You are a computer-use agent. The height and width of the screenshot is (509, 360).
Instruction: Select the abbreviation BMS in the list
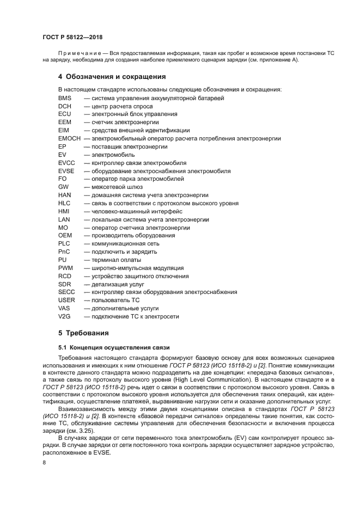[65, 98]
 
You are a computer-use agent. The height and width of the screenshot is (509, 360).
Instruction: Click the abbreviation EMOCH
[69, 139]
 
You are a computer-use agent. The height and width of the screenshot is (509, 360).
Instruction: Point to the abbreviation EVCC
[66, 163]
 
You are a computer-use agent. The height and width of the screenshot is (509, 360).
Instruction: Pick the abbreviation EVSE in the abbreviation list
[66, 171]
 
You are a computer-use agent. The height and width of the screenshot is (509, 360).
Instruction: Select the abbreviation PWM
[65, 268]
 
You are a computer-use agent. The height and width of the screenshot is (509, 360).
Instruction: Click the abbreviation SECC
[66, 292]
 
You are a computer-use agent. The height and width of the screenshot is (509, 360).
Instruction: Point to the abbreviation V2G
[65, 316]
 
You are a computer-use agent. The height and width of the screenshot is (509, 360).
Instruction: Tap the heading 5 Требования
[84, 333]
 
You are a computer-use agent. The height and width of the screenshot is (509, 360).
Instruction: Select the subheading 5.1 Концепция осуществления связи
[114, 347]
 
